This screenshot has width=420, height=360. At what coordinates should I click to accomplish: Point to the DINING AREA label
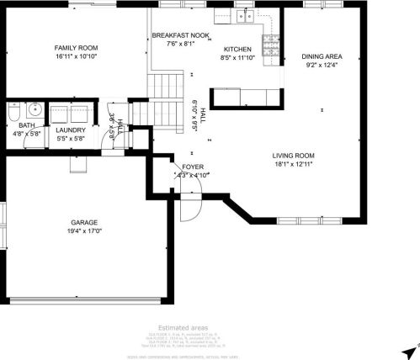click(322, 56)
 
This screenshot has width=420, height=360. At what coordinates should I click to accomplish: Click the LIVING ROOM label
click(293, 156)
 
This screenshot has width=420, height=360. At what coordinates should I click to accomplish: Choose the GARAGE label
click(83, 222)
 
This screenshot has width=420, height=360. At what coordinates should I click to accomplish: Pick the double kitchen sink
click(245, 15)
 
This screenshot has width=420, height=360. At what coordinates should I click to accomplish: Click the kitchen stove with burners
click(271, 52)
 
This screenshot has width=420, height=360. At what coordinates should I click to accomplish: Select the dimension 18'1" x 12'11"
click(293, 164)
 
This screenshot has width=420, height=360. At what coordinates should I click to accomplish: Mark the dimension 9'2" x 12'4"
click(322, 66)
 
